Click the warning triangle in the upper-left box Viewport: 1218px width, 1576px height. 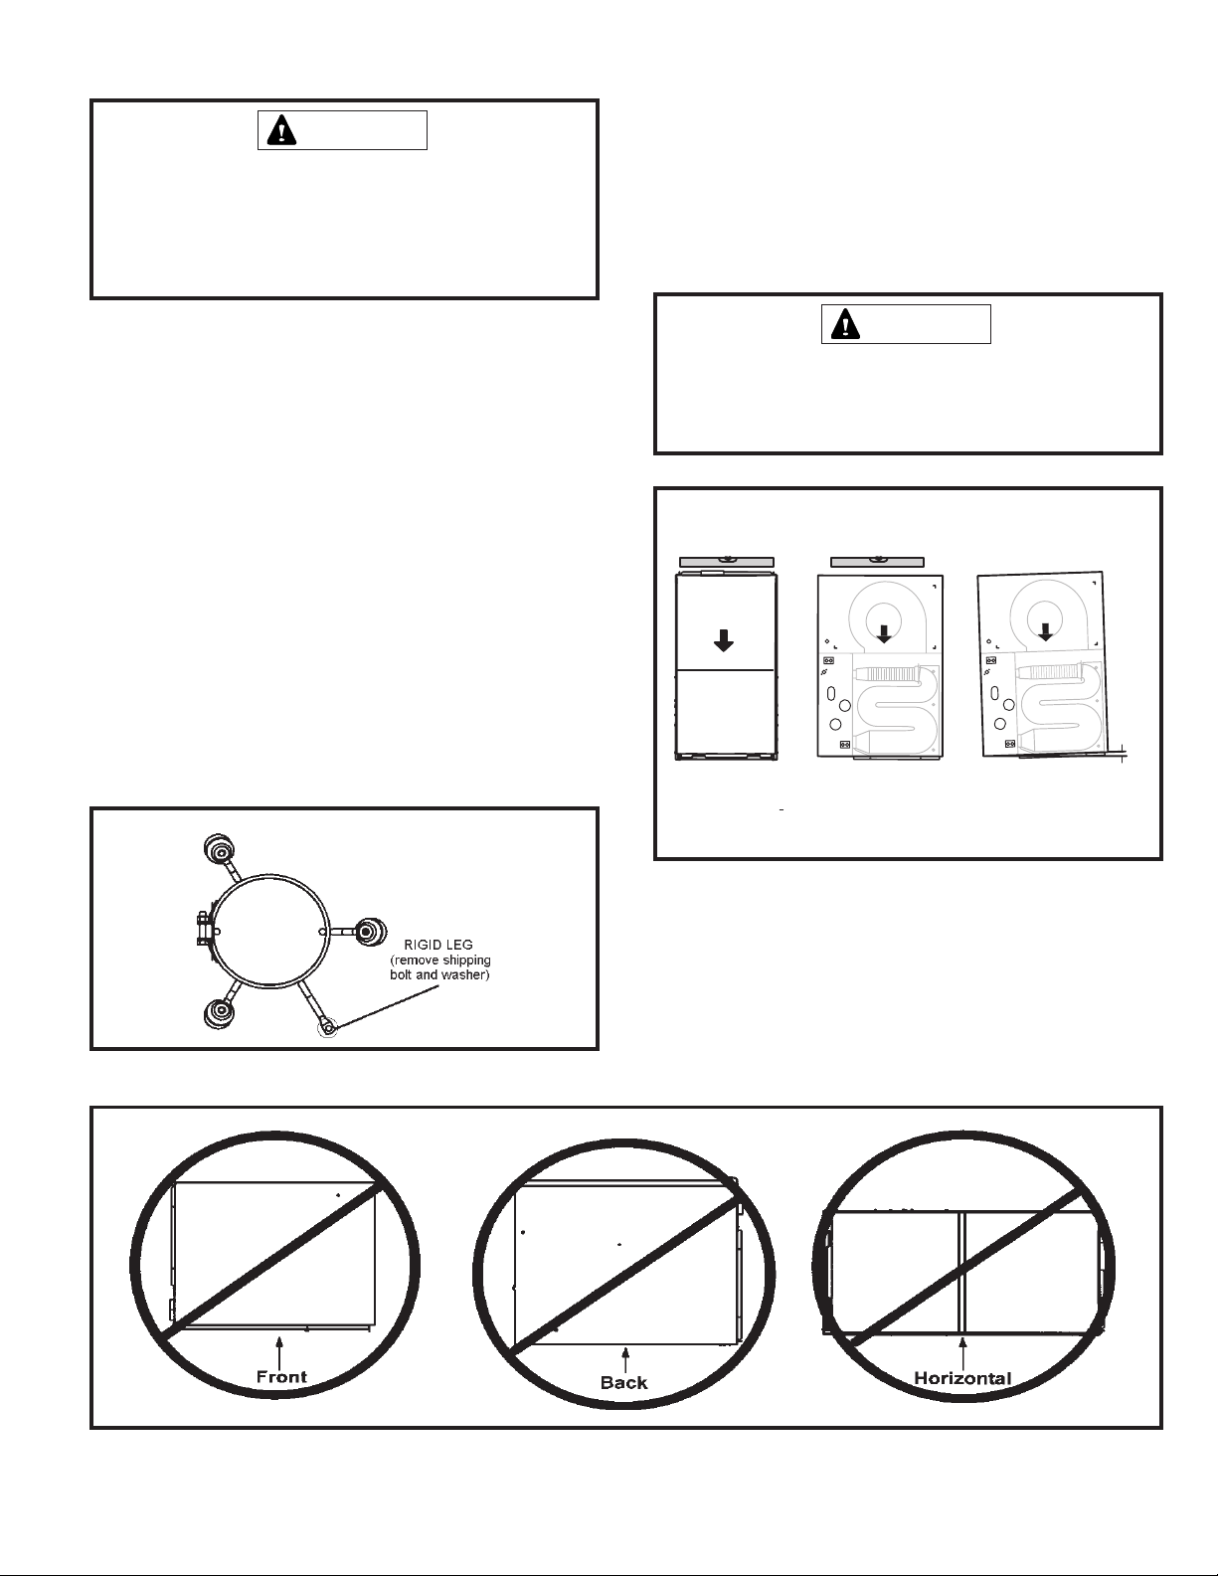[x=281, y=130]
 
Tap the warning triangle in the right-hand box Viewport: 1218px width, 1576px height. [x=845, y=324]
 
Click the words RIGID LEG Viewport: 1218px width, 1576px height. [x=437, y=945]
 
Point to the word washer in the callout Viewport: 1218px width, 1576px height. [x=463, y=975]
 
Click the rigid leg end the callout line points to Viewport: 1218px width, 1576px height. [x=328, y=1026]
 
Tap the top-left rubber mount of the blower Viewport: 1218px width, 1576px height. [x=219, y=848]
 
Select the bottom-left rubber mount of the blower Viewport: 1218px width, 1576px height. [x=220, y=1013]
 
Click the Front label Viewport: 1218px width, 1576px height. [x=281, y=1377]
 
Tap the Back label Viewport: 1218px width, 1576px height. [x=624, y=1383]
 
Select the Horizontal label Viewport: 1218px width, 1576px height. [x=962, y=1378]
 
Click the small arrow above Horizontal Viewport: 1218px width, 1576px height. [x=962, y=1352]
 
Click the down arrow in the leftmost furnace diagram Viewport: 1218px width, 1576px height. [x=724, y=639]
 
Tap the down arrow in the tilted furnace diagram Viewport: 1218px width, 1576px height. [x=1045, y=631]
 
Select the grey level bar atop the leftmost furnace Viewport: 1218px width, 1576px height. [x=727, y=562]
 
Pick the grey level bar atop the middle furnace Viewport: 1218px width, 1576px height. [x=877, y=562]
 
